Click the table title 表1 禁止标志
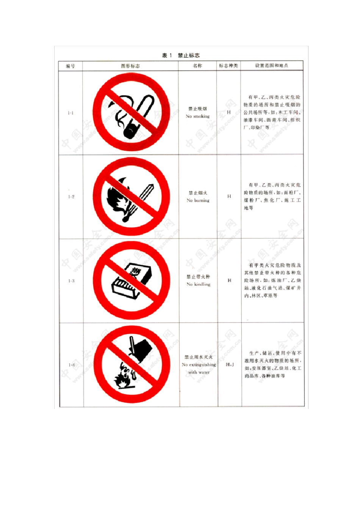pyautogui.click(x=181, y=56)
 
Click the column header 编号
pyautogui.click(x=70, y=66)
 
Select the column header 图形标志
pyautogui.click(x=130, y=66)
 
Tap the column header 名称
pyautogui.click(x=197, y=66)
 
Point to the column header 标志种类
pyautogui.click(x=229, y=66)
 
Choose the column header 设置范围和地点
pyautogui.click(x=271, y=66)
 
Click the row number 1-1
pyautogui.click(x=70, y=113)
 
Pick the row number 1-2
pyautogui.click(x=71, y=197)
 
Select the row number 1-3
pyautogui.click(x=71, y=281)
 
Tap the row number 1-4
pyautogui.click(x=71, y=365)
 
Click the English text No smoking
pyautogui.click(x=197, y=117)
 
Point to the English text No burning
pyautogui.click(x=198, y=200)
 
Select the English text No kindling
pyautogui.click(x=198, y=284)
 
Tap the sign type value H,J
pyautogui.click(x=230, y=365)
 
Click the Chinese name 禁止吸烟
pyautogui.click(x=197, y=109)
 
